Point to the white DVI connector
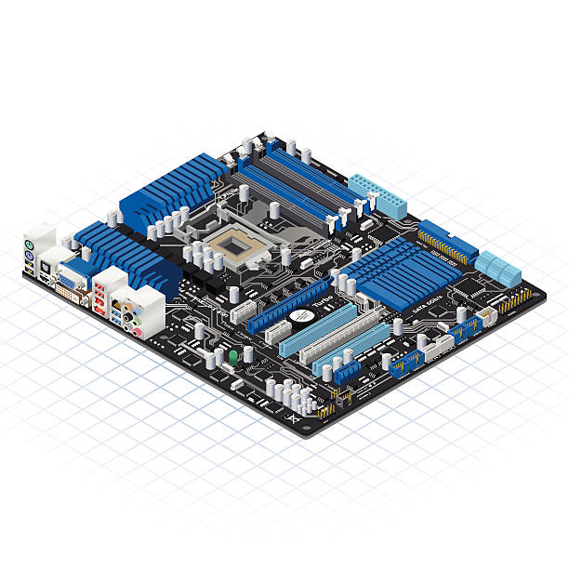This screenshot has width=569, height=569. pyautogui.click(x=70, y=294)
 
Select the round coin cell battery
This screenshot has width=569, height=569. pyautogui.click(x=300, y=316)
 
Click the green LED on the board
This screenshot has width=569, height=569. pyautogui.click(x=232, y=356)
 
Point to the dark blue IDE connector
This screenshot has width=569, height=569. pyautogui.click(x=447, y=241)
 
